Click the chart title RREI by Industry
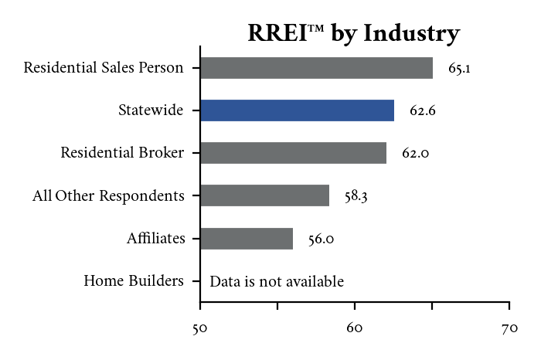tap(353, 33)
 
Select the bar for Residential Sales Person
tap(316, 68)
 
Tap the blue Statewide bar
tap(297, 110)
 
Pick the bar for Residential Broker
tap(293, 153)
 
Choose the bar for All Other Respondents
tap(264, 195)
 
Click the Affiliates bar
tap(247, 239)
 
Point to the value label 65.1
tap(460, 69)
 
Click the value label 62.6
tap(423, 111)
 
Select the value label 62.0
tap(415, 154)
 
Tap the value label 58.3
tap(356, 196)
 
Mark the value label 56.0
tap(321, 239)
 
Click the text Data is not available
tap(276, 282)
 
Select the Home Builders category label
tap(134, 281)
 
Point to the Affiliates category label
tap(155, 239)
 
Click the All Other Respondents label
tap(108, 196)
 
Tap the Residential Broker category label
tap(122, 153)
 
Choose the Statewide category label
tap(151, 110)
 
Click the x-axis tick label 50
tap(200, 330)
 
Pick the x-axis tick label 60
tap(355, 330)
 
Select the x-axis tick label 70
tap(509, 330)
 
